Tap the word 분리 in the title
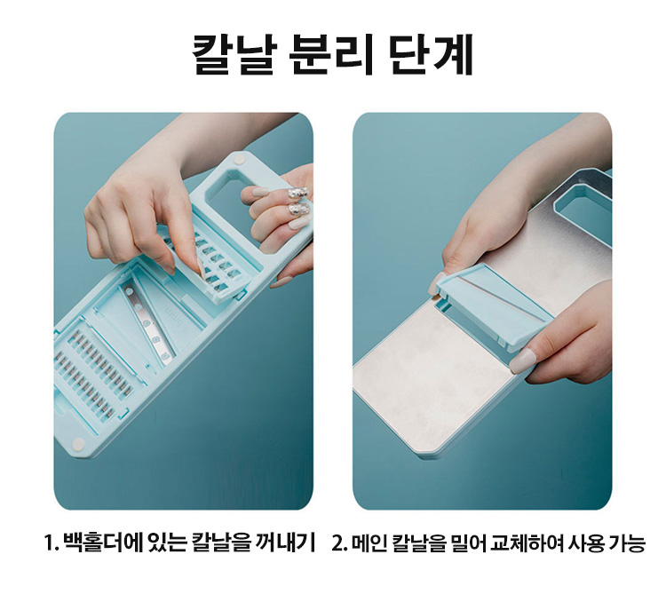point(331,54)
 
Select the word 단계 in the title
point(431,54)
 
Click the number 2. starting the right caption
point(340,543)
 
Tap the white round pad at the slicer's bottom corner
point(78,444)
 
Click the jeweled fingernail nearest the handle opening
point(293,193)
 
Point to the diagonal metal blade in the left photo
point(147,324)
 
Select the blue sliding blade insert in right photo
point(492,306)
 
